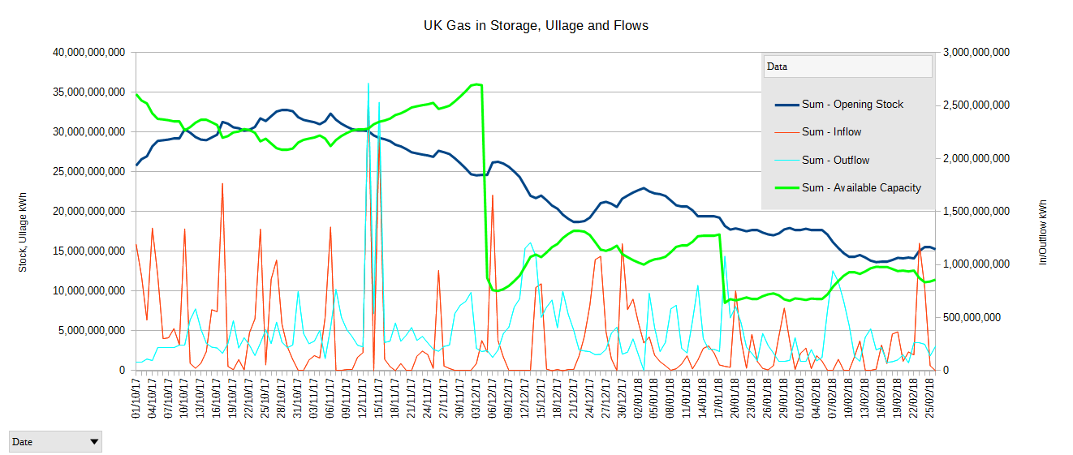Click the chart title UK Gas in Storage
(x=536, y=26)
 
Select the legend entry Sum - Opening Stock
(x=852, y=104)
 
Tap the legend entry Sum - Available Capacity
(x=861, y=187)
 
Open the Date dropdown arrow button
(x=94, y=441)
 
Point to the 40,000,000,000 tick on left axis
(x=87, y=53)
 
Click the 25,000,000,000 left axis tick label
(x=87, y=172)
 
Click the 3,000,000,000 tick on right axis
(x=976, y=53)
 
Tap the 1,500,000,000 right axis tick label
(x=976, y=212)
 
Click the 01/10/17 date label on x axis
(x=136, y=397)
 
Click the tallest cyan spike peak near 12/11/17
(x=368, y=84)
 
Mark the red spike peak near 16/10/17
(x=222, y=184)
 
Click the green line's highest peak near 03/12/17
(x=477, y=84)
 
